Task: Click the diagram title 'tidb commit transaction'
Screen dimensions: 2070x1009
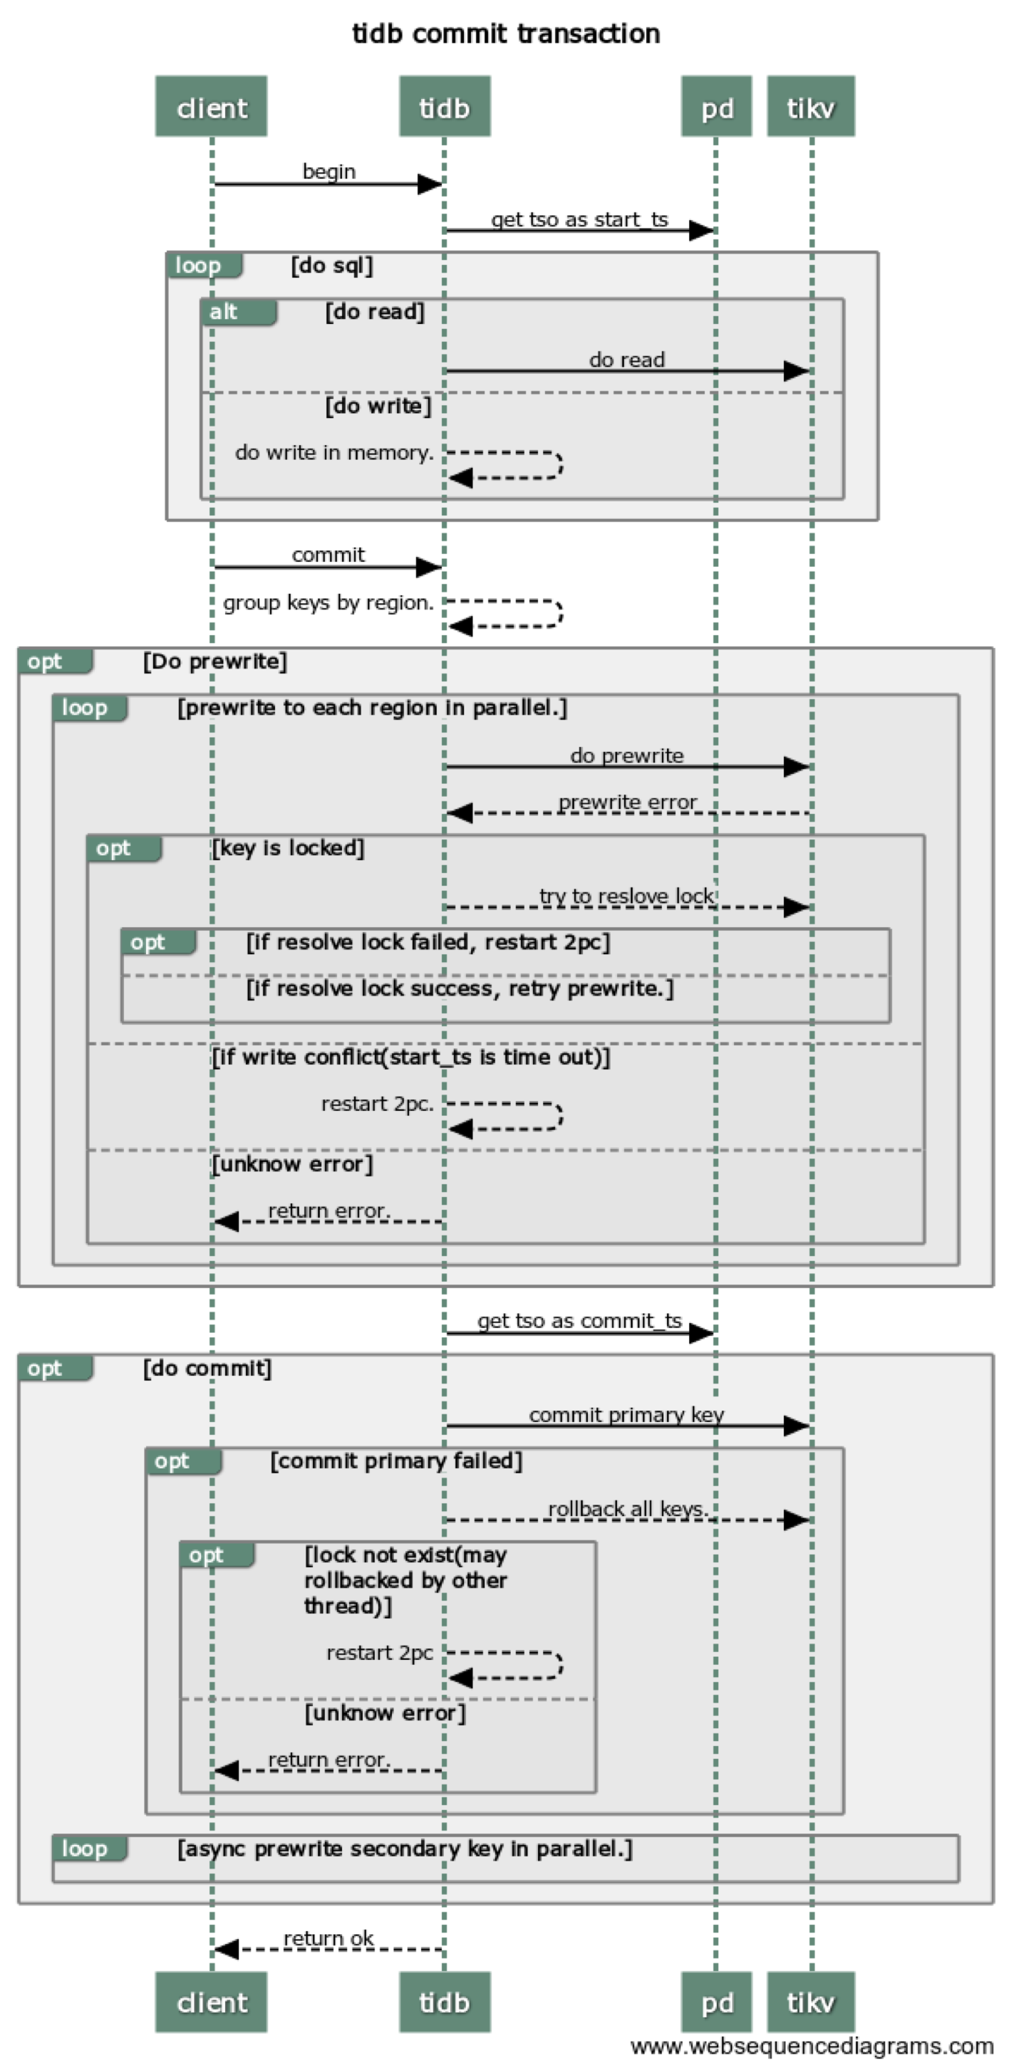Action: click(x=506, y=33)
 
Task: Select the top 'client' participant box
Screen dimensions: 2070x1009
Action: click(x=212, y=107)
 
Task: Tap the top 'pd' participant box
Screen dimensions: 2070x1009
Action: click(x=715, y=107)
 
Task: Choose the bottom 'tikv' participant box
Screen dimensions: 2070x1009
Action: click(x=810, y=2002)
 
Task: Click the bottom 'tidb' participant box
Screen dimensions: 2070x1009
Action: click(x=444, y=2002)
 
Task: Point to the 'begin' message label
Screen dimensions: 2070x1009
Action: click(x=328, y=171)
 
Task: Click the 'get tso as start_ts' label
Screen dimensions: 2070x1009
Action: click(x=579, y=219)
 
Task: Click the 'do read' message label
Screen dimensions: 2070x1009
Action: click(x=626, y=359)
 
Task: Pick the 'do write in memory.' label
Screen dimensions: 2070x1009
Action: click(x=333, y=452)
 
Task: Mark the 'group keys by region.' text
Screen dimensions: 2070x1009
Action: click(x=328, y=602)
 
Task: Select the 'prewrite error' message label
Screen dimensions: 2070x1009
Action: click(x=627, y=802)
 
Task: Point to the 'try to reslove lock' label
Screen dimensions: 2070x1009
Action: click(x=626, y=895)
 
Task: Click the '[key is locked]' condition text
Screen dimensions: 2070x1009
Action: click(x=288, y=848)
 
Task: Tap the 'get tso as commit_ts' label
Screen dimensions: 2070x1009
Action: click(x=579, y=1320)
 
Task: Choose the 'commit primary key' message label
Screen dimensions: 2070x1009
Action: click(x=626, y=1414)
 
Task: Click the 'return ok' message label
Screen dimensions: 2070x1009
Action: click(x=328, y=1938)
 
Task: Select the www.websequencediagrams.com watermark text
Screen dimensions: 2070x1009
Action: click(x=812, y=2046)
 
